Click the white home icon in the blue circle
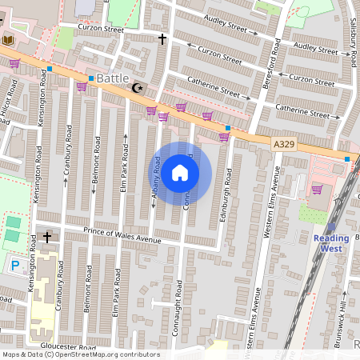[180, 172]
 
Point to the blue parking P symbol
[15, 265]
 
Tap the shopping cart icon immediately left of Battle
[81, 86]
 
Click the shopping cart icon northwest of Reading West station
[317, 190]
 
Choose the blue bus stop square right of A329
[347, 159]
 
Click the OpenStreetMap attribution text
[80, 354]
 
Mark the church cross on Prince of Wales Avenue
[46, 237]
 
